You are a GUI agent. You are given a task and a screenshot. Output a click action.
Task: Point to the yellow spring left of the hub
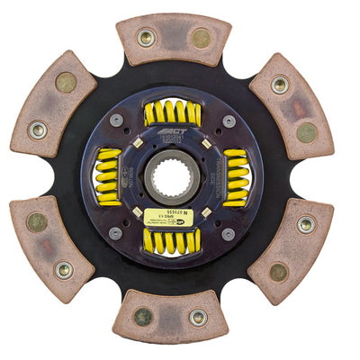[x=109, y=175]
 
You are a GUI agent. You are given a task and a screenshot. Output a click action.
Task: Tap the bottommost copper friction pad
[x=171, y=315]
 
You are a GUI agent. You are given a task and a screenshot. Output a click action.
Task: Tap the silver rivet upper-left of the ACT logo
[x=116, y=121]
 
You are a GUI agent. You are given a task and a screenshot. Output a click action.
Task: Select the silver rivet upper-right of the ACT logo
[x=228, y=120]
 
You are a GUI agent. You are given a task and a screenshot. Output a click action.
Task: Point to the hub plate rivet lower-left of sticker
[x=115, y=231]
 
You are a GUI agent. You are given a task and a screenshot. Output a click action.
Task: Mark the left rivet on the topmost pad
[x=145, y=38]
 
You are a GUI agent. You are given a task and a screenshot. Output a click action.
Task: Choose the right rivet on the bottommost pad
[x=197, y=317]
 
